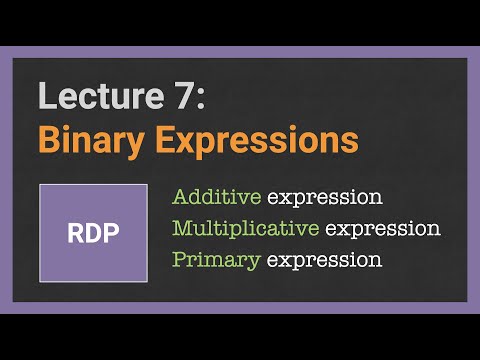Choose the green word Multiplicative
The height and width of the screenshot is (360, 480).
tap(246, 228)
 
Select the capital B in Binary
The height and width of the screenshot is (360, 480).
tap(49, 140)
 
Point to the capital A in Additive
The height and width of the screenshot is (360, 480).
tap(181, 197)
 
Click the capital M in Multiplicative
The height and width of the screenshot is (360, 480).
tap(183, 228)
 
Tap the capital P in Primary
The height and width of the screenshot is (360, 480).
tap(180, 260)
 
